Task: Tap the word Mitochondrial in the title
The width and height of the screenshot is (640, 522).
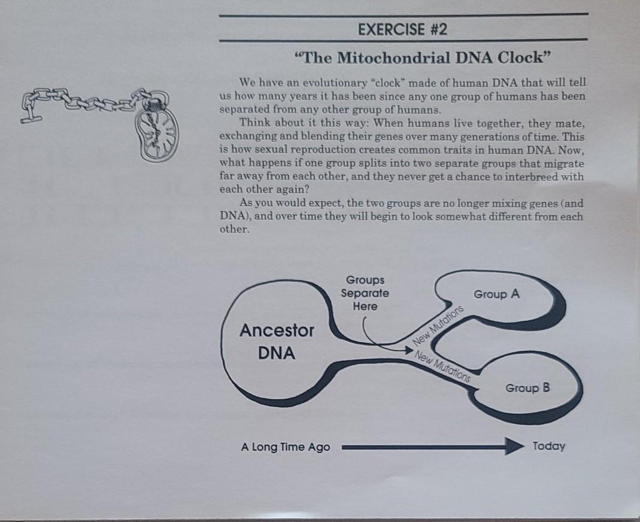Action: [395, 58]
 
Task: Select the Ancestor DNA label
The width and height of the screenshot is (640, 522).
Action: [277, 341]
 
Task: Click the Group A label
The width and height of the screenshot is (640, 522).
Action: [496, 295]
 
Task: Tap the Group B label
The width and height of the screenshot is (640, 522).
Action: [527, 388]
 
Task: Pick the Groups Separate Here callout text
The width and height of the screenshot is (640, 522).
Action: [365, 293]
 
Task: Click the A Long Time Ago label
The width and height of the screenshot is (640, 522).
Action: [286, 447]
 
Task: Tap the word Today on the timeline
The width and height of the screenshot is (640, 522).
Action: [548, 446]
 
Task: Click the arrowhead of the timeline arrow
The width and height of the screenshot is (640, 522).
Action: [514, 446]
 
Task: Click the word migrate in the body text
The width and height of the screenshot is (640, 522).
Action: [565, 163]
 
